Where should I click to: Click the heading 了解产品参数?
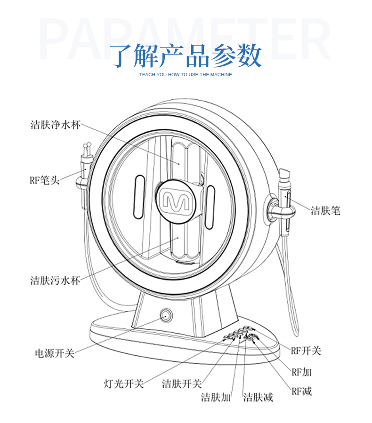(x=186, y=56)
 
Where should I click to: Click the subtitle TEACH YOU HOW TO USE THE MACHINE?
(x=186, y=74)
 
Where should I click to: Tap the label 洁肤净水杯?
(x=56, y=125)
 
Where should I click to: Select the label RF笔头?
(x=45, y=179)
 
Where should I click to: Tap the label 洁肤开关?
(x=181, y=383)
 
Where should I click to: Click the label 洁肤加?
(x=216, y=397)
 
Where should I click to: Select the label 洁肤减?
(x=258, y=397)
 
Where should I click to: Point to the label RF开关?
(x=306, y=351)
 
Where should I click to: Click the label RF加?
(x=301, y=372)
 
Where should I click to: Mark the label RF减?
(x=301, y=391)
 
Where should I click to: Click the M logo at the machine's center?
(x=175, y=200)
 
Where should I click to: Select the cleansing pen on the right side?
(x=285, y=202)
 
